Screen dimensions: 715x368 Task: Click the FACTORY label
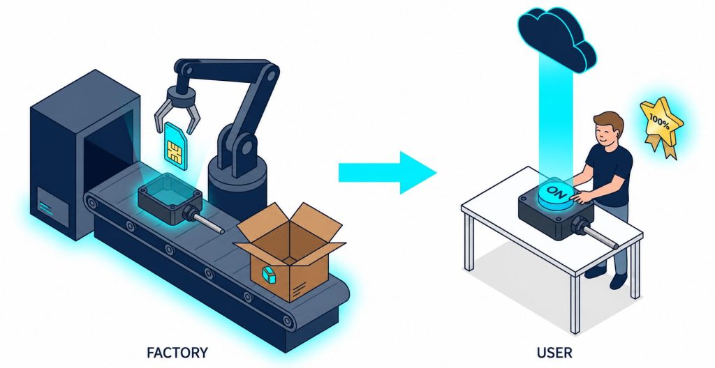(x=177, y=353)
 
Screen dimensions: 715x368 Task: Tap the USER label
(x=554, y=353)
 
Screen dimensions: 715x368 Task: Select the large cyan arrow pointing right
(x=387, y=173)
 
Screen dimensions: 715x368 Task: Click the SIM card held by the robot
(x=175, y=146)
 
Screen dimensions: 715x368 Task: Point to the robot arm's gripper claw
(x=177, y=110)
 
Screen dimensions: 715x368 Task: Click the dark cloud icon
(x=556, y=38)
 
